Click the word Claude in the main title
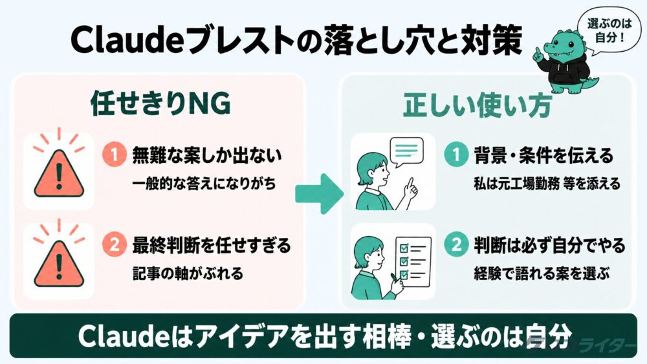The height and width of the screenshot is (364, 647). (127, 40)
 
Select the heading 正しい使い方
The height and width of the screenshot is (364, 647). (477, 105)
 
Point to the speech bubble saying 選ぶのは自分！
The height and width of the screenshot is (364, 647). (609, 31)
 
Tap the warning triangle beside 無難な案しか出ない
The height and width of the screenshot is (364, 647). (59, 173)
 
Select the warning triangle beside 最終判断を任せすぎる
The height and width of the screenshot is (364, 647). (59, 263)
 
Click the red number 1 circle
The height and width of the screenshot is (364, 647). (115, 155)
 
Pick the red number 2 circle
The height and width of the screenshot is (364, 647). (115, 245)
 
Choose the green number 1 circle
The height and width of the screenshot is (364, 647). (456, 155)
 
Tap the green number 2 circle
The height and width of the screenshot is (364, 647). (456, 244)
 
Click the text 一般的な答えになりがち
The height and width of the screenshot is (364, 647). (204, 184)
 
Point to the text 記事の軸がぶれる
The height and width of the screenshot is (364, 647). (188, 273)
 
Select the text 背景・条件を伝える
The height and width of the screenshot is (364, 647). (544, 155)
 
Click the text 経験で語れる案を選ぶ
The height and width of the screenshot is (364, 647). (542, 273)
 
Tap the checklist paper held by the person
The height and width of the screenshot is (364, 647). (413, 262)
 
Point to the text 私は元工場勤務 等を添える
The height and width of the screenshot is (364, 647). (547, 184)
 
